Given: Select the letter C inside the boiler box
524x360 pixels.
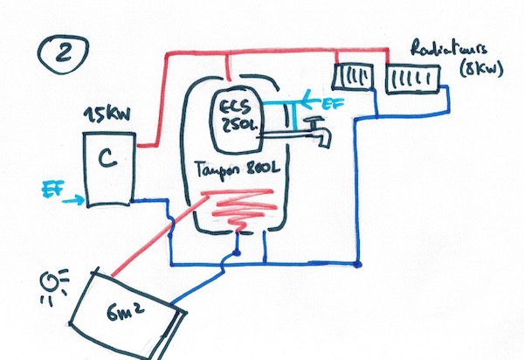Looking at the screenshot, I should coord(106,159).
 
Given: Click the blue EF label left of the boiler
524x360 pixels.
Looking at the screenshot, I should coord(53,187).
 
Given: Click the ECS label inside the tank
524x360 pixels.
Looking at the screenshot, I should coord(233,106).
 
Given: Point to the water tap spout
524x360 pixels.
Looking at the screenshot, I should coord(321,136).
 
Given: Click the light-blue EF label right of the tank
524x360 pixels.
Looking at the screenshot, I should coord(333,104).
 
